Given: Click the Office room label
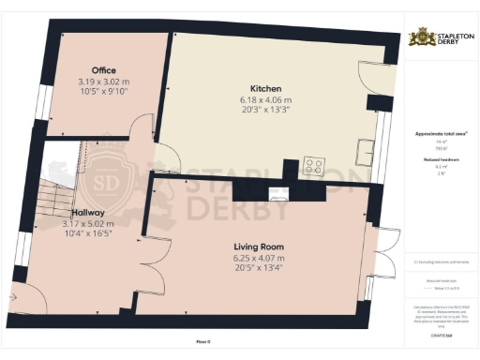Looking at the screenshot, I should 103,70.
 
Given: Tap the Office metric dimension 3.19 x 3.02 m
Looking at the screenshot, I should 103,82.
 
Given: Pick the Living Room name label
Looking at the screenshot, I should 261,247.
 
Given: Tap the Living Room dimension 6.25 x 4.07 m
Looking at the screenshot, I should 261,258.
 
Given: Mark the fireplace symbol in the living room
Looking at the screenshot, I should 278,194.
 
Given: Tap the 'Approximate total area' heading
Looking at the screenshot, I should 441,134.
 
